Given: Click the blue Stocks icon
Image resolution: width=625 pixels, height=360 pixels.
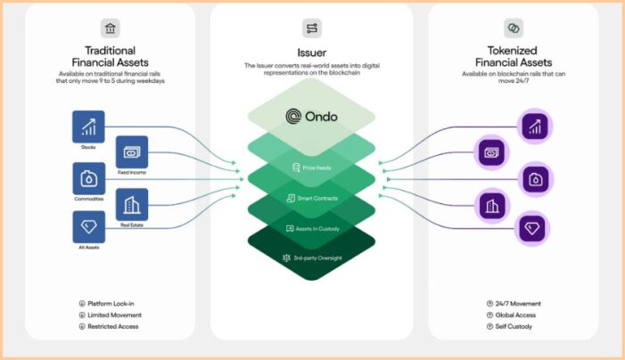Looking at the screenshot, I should pyautogui.click(x=88, y=127).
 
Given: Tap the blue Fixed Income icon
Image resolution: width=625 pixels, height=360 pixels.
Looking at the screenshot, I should pyautogui.click(x=131, y=152).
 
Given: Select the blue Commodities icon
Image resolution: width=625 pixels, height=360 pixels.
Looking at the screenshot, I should pyautogui.click(x=88, y=178).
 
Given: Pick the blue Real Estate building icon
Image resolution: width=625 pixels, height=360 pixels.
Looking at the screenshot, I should pyautogui.click(x=131, y=205).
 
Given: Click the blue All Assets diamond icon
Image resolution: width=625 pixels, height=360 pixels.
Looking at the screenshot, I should pyautogui.click(x=88, y=227).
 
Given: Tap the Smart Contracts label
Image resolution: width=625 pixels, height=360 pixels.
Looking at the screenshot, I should pyautogui.click(x=317, y=198).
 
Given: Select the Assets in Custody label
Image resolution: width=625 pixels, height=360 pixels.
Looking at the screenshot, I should pyautogui.click(x=317, y=228).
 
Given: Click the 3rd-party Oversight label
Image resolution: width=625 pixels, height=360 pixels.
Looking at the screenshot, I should pyautogui.click(x=317, y=258).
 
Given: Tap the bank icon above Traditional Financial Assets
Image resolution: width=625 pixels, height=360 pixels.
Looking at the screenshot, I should pyautogui.click(x=110, y=28).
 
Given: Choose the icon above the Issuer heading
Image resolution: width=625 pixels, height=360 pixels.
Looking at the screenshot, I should pyautogui.click(x=312, y=29).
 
